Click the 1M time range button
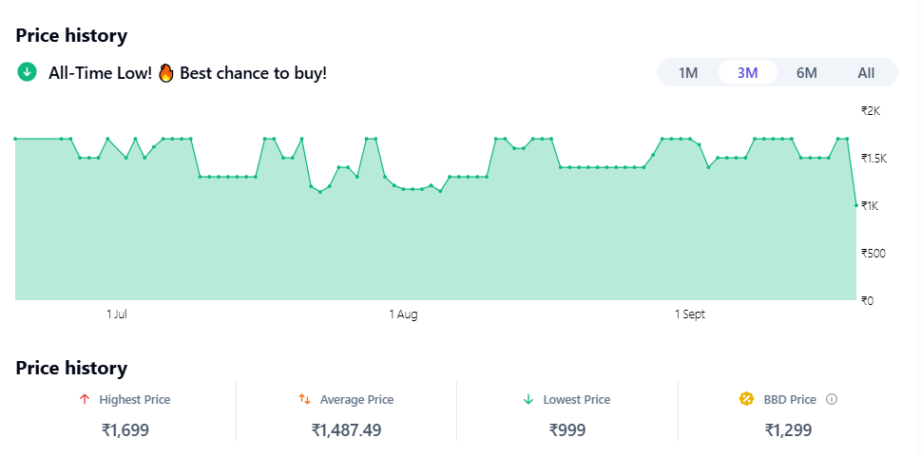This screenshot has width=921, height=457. pos(688,73)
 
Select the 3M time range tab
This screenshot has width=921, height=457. pos(747,73)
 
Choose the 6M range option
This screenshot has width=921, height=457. pos(806,73)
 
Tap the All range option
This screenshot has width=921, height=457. pos(866,73)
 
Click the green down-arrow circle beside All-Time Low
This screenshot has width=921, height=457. pos(27,72)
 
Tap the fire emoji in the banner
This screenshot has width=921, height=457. pos(166,72)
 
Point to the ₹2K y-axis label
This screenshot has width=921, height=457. pos(871,110)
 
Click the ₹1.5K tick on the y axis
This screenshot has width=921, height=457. pos(873,158)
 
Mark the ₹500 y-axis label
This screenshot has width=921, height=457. pos(873,253)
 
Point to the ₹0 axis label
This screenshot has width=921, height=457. pos(867,300)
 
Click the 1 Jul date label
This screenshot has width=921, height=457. pos(117,314)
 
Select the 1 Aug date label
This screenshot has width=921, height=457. pos(403,314)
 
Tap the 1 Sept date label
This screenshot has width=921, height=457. pos(690,314)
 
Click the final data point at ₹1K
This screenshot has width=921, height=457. pos(856,205)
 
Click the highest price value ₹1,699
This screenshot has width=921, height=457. pos(125,430)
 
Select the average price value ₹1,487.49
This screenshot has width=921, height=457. pos(346,430)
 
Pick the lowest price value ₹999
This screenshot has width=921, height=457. pos(567,430)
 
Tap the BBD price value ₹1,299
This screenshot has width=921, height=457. pos(788,430)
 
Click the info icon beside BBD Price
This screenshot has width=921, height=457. pos(832,400)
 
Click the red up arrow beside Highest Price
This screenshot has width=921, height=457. pos(85,400)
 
